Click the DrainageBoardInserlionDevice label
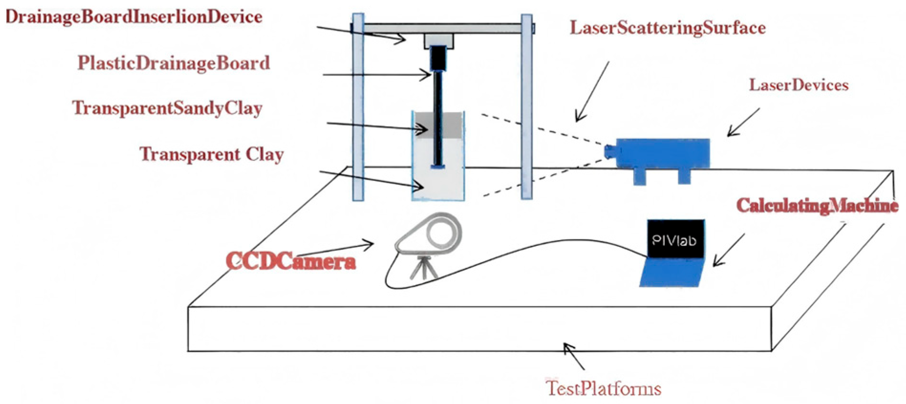134,17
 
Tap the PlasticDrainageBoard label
174,63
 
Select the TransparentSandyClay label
167,108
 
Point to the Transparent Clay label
212,154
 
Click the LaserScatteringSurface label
668,28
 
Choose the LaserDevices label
799,85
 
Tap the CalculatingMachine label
817,205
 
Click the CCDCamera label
291,261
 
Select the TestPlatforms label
604,388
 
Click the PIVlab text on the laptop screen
674,240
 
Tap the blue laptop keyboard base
671,273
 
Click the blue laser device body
662,153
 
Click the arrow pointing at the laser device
743,122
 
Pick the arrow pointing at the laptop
728,250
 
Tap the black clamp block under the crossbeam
437,57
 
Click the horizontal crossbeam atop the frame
442,28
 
